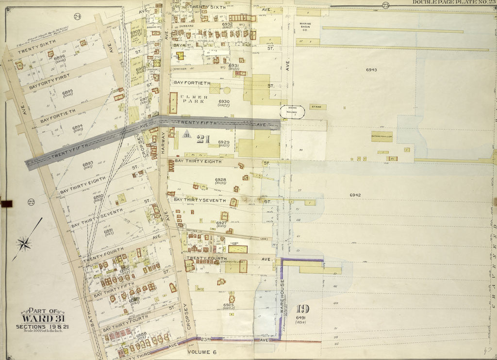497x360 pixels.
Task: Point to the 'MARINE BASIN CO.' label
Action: click(305, 26)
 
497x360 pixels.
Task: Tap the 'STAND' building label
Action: click(318, 107)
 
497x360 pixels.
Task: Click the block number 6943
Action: click(371, 70)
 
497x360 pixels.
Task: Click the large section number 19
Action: click(302, 309)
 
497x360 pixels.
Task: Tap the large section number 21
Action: click(203, 140)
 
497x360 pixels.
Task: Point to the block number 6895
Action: click(67, 92)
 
